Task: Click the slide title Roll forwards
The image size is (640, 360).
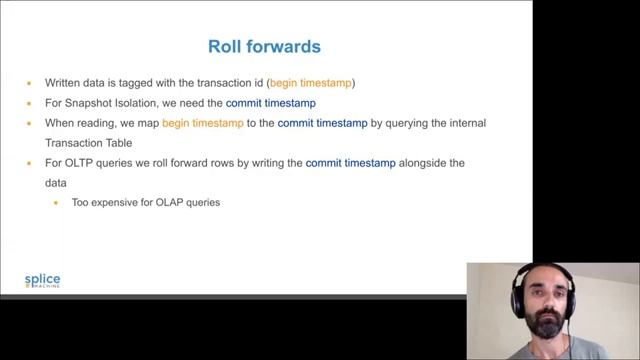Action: (x=265, y=46)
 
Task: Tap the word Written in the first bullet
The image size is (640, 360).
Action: (x=62, y=83)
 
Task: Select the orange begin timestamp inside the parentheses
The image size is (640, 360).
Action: (x=311, y=83)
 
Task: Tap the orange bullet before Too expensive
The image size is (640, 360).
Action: (x=56, y=203)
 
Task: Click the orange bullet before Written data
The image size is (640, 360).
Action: (x=30, y=83)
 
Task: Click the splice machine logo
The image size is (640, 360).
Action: (x=42, y=281)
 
